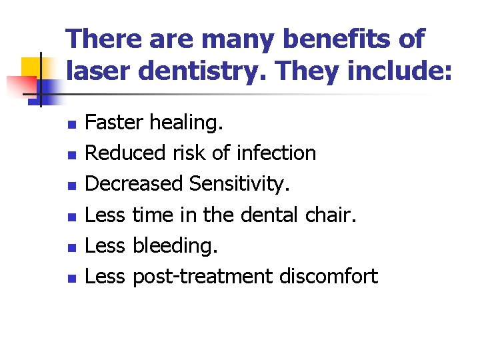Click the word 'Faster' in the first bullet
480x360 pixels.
click(115, 123)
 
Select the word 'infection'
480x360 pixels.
click(275, 153)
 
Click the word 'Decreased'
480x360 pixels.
click(135, 184)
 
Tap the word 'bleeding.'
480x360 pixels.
click(175, 245)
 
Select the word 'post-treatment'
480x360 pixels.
click(203, 276)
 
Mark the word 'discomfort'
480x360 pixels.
click(329, 276)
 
